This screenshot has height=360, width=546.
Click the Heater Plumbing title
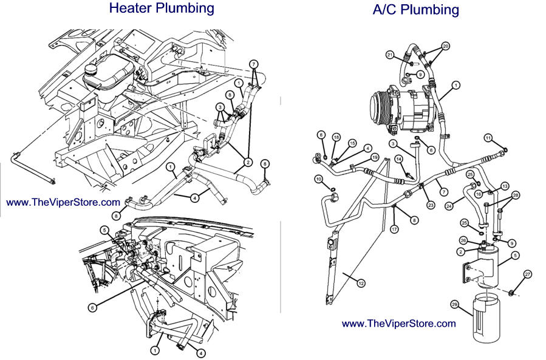click(162, 8)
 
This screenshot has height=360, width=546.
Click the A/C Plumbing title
click(415, 10)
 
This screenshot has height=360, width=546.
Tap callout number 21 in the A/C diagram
click(390, 55)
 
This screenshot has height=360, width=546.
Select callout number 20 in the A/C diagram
click(446, 46)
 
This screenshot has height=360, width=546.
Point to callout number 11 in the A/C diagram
click(488, 138)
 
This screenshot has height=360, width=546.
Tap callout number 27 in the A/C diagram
click(527, 274)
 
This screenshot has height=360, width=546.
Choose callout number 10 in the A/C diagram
click(318, 178)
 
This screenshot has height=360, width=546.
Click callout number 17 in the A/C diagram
click(394, 229)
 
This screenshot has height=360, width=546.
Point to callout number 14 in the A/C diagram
click(398, 159)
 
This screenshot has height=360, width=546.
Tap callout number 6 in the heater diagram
click(92, 308)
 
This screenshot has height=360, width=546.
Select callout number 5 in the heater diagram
click(104, 229)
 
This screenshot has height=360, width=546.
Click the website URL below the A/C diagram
click(398, 324)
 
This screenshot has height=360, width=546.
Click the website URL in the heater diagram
click(64, 202)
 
